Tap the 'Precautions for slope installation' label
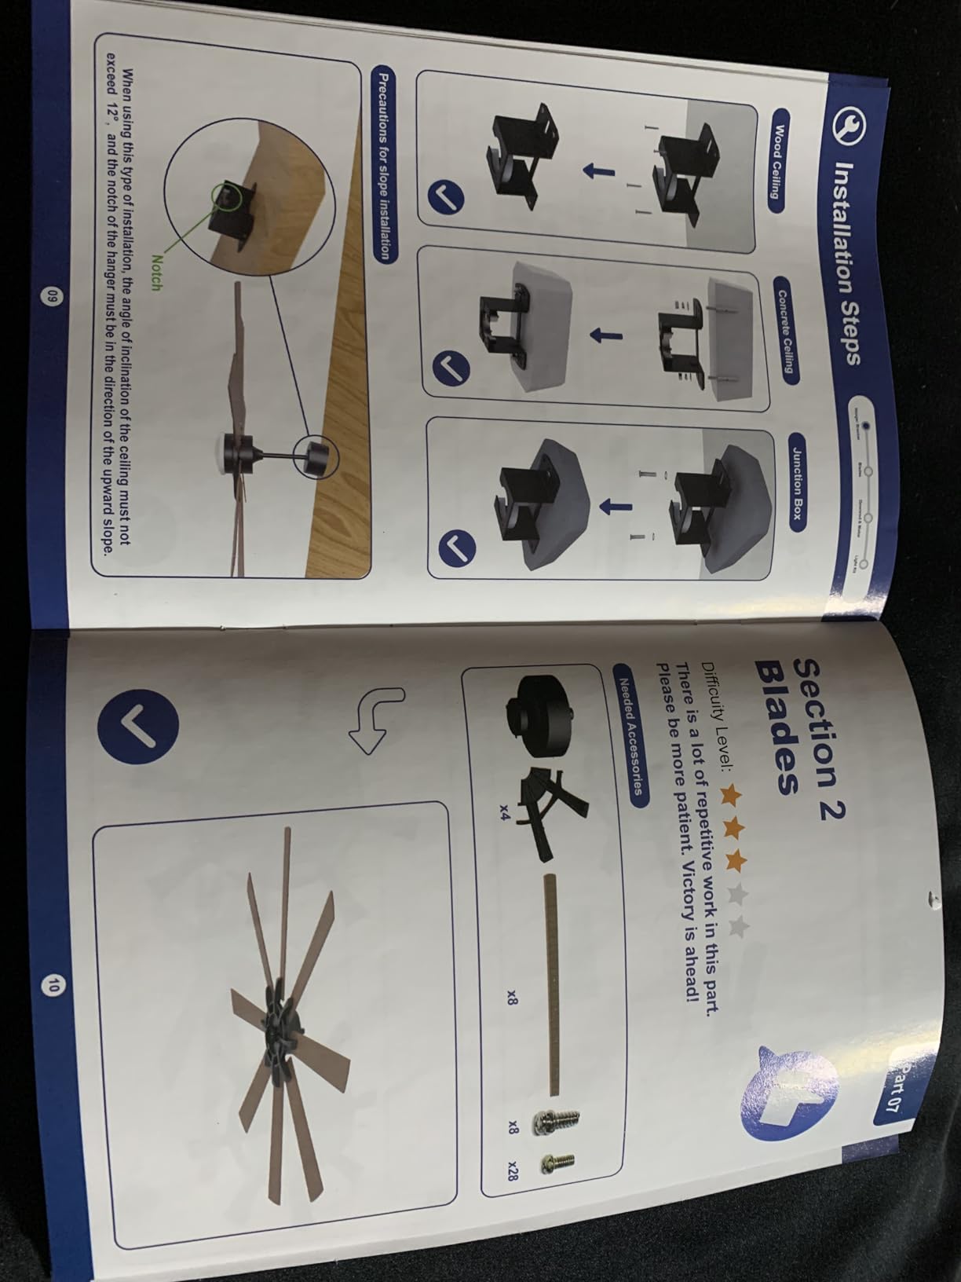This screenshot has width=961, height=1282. [384, 165]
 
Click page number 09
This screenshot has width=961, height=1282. [52, 296]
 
